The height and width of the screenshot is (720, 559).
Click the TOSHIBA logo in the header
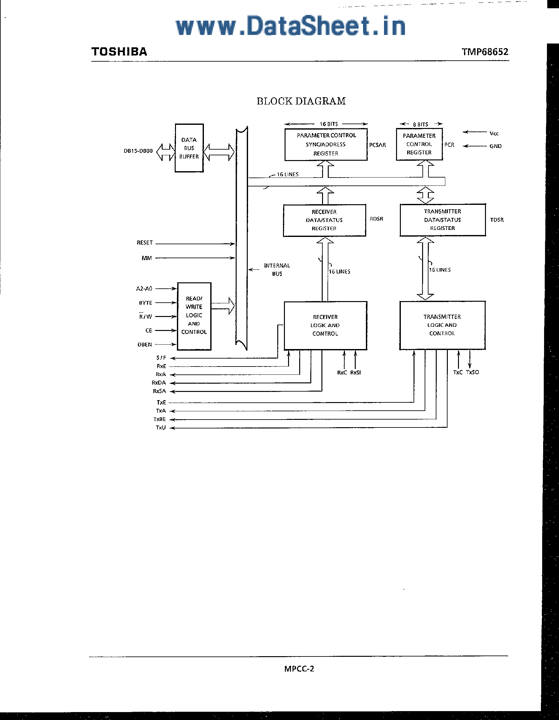click(119, 52)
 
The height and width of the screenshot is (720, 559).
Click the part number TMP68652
click(485, 52)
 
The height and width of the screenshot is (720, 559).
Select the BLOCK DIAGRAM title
click(301, 101)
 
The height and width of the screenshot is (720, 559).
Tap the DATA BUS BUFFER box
click(189, 148)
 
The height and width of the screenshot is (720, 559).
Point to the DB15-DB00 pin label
click(138, 151)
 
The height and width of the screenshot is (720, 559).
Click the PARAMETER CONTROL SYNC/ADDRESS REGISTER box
click(326, 145)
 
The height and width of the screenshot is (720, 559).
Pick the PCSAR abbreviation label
click(377, 145)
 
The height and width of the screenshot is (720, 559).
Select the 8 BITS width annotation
click(420, 124)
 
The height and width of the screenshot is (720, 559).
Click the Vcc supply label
click(494, 133)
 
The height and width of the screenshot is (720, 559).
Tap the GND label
click(495, 146)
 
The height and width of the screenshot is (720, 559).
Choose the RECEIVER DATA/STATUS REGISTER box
click(324, 220)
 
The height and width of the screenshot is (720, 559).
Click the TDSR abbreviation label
click(497, 220)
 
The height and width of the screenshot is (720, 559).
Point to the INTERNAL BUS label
click(277, 270)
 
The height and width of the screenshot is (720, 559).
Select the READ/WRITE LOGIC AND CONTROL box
click(194, 315)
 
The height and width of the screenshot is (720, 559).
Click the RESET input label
click(145, 243)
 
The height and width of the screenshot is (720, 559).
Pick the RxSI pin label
click(355, 373)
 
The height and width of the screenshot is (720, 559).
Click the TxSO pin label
click(472, 372)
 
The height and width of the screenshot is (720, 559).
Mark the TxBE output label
click(159, 419)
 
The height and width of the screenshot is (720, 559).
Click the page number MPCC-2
click(299, 669)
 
